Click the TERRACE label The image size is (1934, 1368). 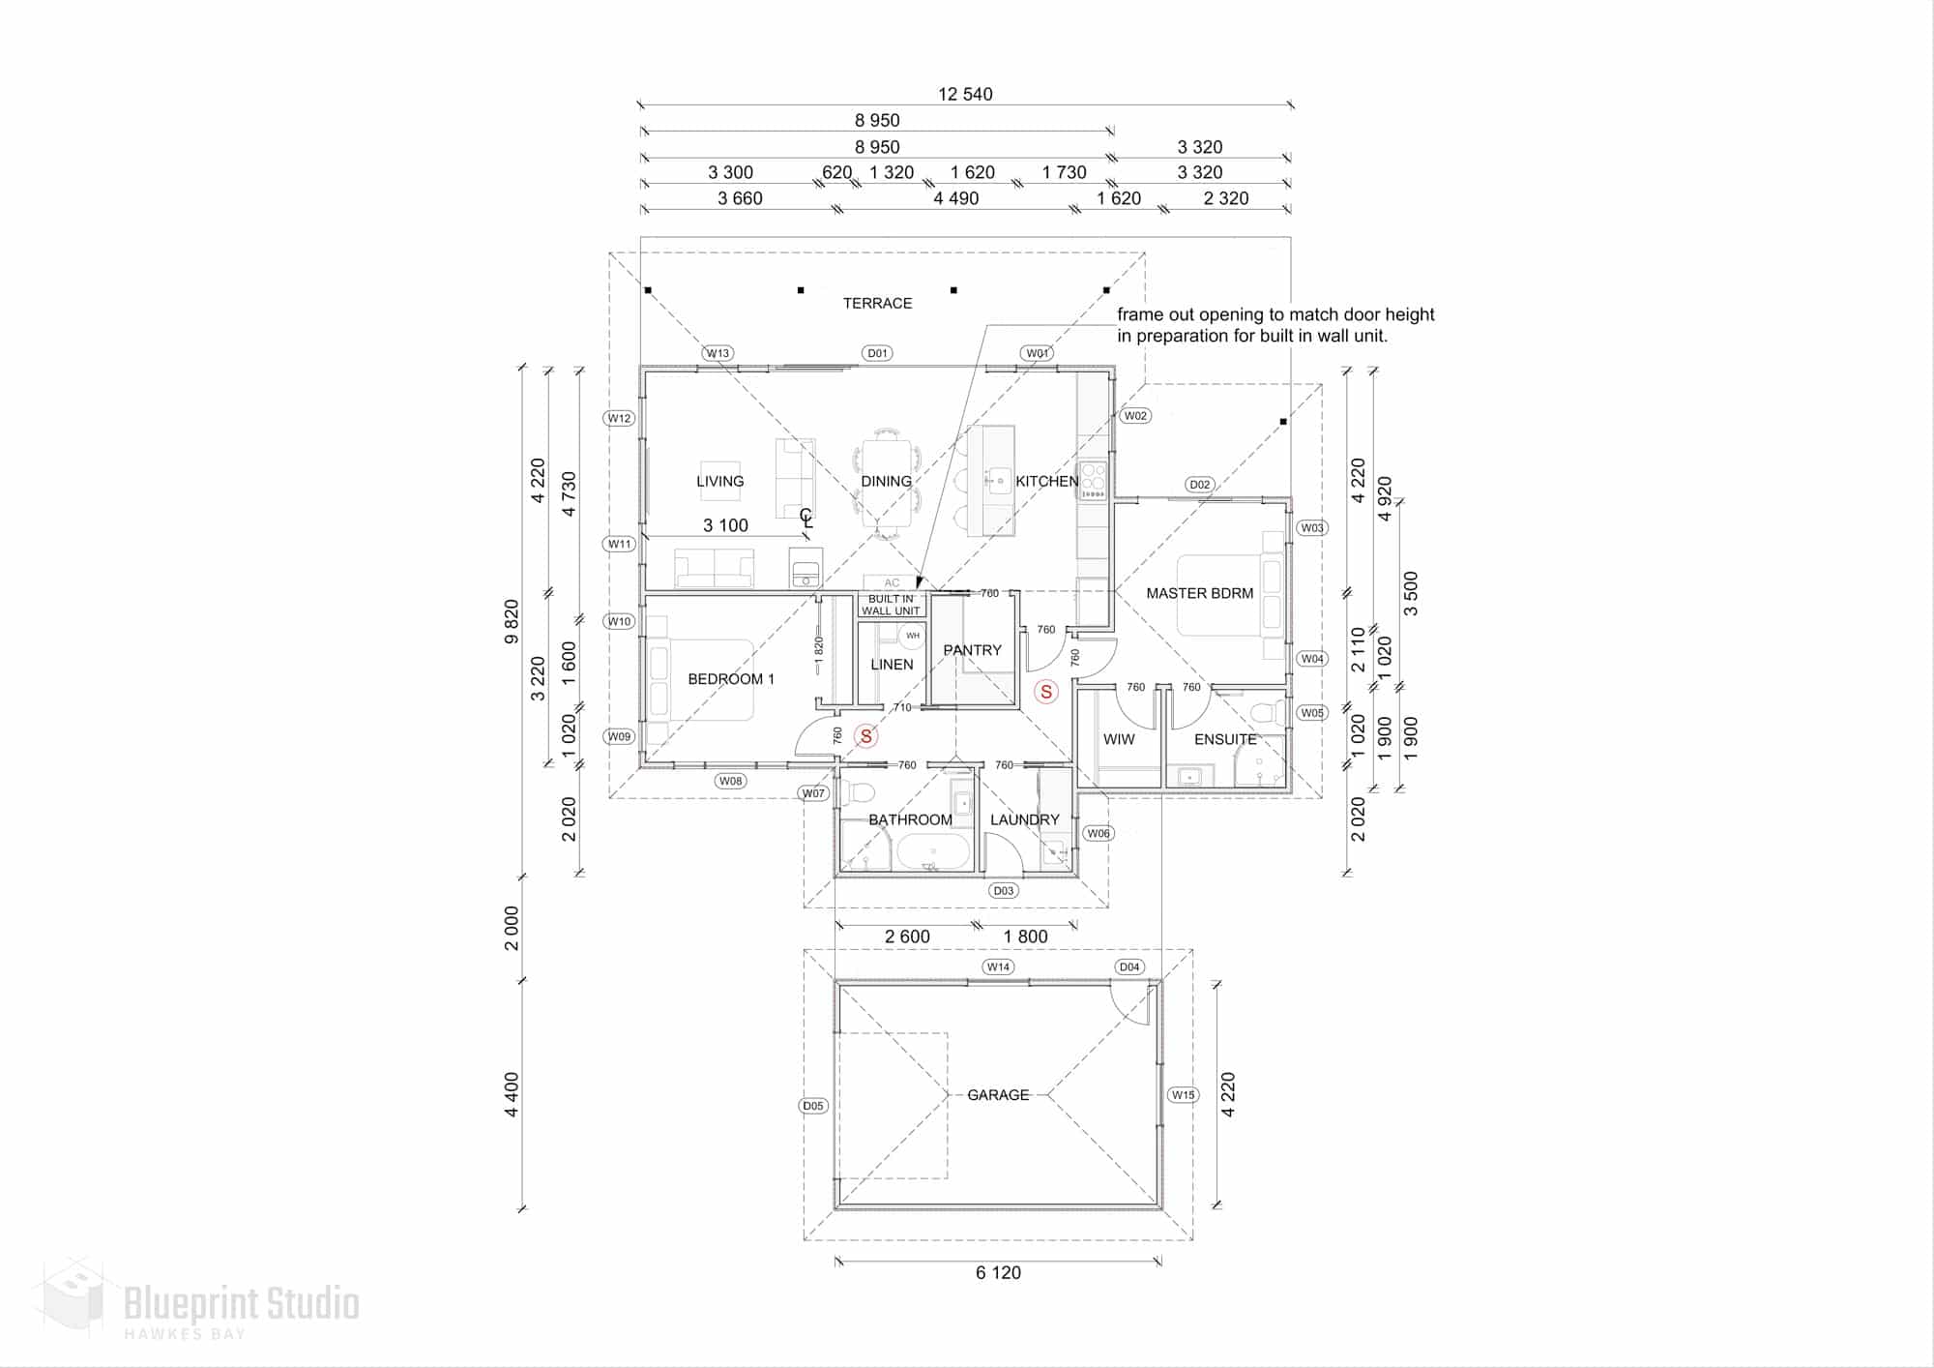pos(877,303)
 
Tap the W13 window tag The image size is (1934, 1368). pos(718,353)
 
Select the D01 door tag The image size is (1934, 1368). pos(877,353)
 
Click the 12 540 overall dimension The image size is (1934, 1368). pos(965,94)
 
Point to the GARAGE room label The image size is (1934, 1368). pos(998,1095)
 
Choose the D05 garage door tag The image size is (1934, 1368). pos(813,1106)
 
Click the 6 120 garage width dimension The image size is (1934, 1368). pos(998,1273)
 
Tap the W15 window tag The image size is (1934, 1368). pos(1183,1095)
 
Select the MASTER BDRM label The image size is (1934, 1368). pos(1199,593)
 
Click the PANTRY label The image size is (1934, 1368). pos(972,650)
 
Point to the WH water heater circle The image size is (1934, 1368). pos(913,636)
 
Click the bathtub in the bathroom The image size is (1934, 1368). pos(933,852)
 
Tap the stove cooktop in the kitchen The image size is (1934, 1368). pos(1093,480)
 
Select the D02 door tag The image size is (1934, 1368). pos(1199,485)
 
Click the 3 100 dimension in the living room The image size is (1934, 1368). pos(725,525)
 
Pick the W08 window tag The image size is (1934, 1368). pos(730,781)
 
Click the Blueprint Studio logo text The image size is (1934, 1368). pos(242,1305)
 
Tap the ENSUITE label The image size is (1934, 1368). pos(1225,739)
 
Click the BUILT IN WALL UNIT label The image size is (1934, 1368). pos(891,605)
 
